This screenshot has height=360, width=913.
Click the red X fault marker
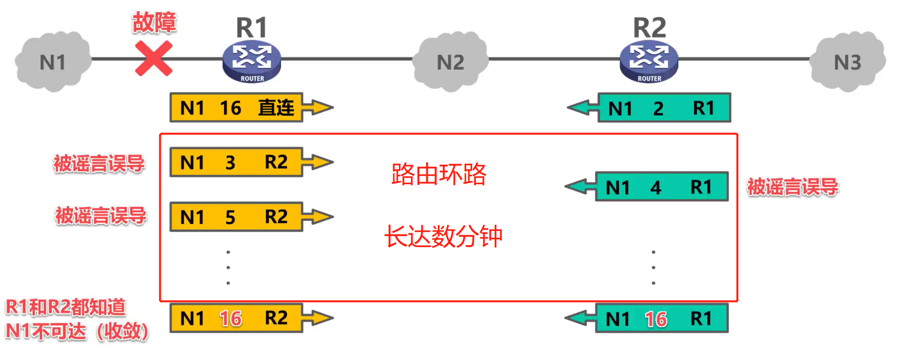(153, 58)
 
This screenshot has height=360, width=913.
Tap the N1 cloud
(53, 62)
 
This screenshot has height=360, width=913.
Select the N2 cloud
(450, 62)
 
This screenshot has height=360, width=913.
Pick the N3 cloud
(848, 62)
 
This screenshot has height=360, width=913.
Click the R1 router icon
(251, 61)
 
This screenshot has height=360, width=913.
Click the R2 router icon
(649, 61)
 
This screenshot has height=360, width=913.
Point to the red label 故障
(154, 22)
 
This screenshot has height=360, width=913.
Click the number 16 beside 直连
(230, 108)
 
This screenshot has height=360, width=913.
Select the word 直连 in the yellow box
(276, 108)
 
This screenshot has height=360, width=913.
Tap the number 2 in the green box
(658, 108)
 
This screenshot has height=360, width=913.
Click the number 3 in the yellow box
(230, 162)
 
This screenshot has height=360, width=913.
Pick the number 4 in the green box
(656, 187)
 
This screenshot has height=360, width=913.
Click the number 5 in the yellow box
(230, 217)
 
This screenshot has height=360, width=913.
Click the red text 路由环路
(438, 174)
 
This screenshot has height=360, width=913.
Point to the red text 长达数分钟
(443, 236)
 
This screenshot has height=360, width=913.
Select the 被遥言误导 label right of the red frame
(792, 187)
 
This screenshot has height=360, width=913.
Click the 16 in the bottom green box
(656, 319)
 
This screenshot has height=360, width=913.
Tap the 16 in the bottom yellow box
(230, 319)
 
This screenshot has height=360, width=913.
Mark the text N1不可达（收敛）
(77, 331)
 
